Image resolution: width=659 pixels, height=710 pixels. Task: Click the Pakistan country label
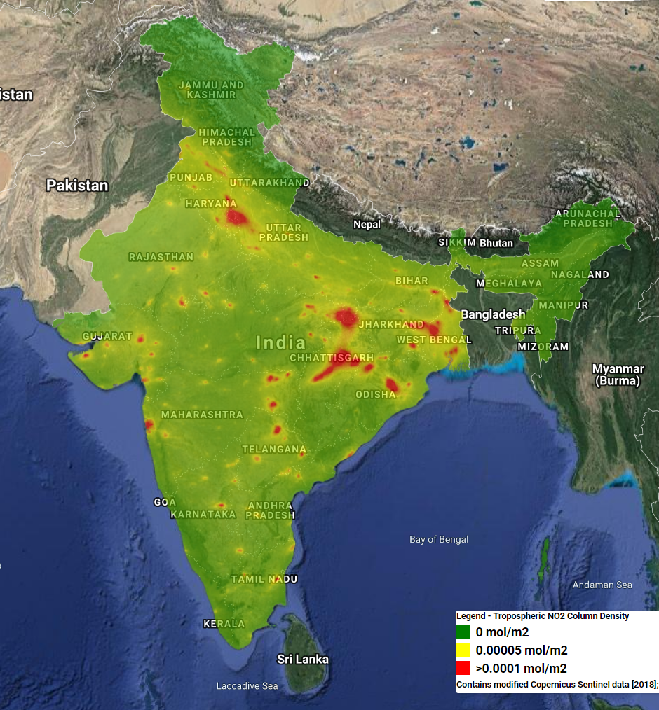click(x=77, y=186)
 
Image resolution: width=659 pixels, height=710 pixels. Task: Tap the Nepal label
click(x=367, y=224)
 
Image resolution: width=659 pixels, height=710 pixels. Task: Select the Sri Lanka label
click(x=302, y=659)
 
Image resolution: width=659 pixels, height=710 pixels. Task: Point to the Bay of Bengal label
click(x=439, y=539)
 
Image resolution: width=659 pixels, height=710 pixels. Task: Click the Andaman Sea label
click(x=602, y=585)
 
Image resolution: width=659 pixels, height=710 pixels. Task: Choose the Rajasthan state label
click(x=161, y=257)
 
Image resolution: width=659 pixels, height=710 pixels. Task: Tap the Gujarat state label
click(x=107, y=336)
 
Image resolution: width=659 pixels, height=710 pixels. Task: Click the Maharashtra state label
click(x=202, y=415)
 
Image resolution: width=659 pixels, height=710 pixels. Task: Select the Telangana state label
click(x=274, y=449)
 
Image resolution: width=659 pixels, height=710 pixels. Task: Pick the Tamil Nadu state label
click(x=264, y=579)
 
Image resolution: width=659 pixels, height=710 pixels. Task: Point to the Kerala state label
click(x=224, y=623)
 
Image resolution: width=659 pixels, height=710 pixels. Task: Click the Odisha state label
click(x=376, y=394)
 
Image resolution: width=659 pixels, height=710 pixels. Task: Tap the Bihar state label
click(x=412, y=281)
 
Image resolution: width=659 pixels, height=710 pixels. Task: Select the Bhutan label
click(x=496, y=243)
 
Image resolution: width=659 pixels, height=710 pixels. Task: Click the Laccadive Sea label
click(x=247, y=685)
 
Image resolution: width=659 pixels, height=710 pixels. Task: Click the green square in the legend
click(x=463, y=632)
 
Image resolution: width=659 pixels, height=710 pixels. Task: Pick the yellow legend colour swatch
click(x=463, y=650)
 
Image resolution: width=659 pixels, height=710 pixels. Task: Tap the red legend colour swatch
click(x=463, y=668)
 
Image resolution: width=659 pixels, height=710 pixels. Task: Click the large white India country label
click(x=280, y=342)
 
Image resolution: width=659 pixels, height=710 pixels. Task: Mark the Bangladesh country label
click(x=493, y=314)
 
